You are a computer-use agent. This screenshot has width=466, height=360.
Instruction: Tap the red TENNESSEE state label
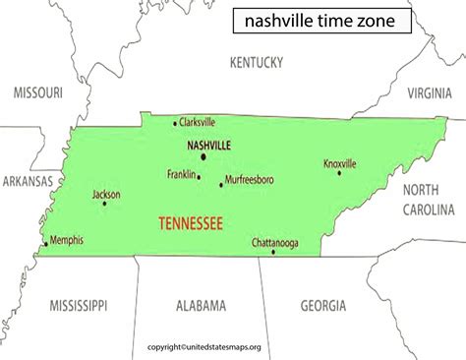pos(176,223)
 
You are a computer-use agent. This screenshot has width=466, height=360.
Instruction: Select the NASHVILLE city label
pos(207,145)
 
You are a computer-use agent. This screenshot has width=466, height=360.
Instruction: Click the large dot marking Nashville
pos(204,156)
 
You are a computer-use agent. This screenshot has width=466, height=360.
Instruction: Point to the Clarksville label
pos(197,122)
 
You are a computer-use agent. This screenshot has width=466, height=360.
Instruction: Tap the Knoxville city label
pos(340,163)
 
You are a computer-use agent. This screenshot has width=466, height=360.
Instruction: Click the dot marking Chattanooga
pos(273,252)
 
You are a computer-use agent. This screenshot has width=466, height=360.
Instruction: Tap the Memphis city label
pos(67,240)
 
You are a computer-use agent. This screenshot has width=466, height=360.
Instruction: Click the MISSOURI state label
pos(37,92)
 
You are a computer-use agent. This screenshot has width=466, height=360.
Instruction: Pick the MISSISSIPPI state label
pos(78,305)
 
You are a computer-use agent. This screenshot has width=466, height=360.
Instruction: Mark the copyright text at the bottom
pos(233,346)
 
